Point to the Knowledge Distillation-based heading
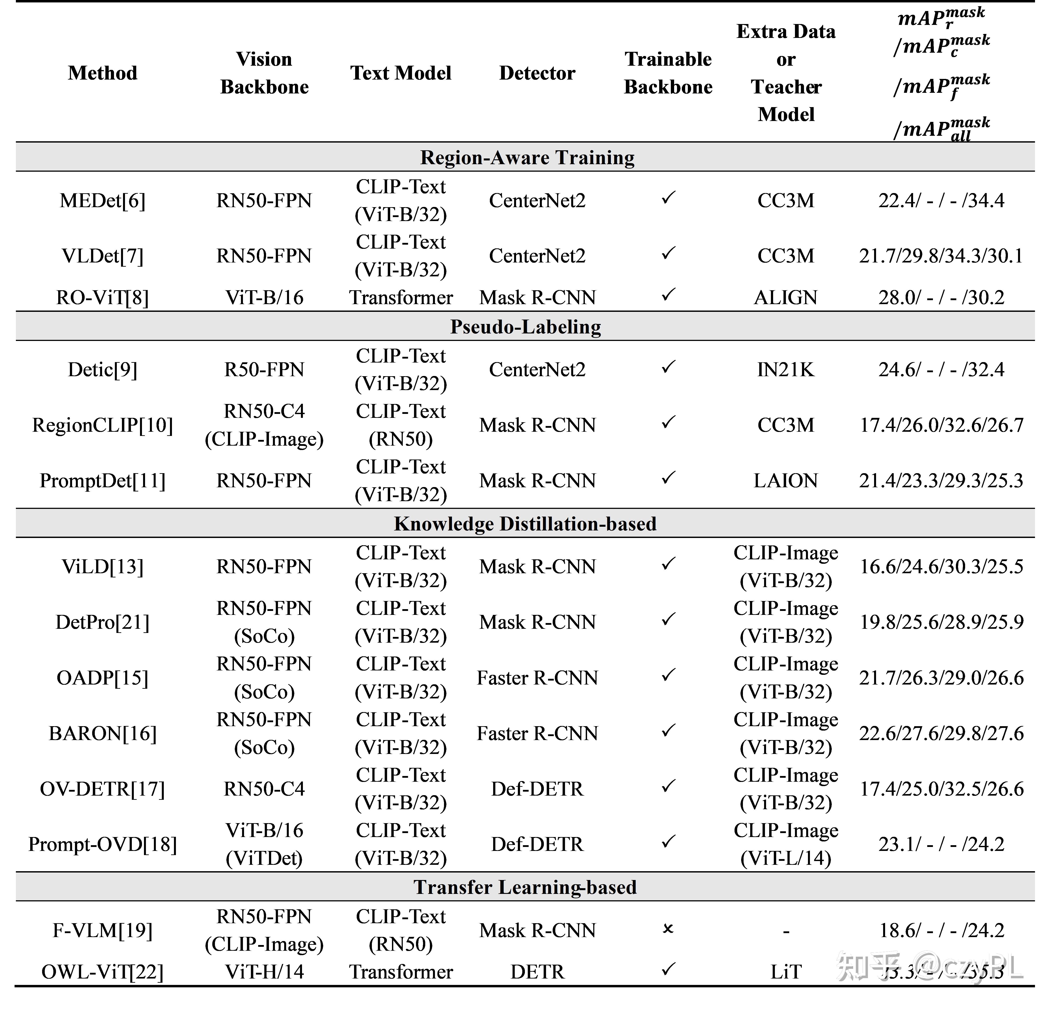[525, 523]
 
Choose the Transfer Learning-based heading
[525, 887]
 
